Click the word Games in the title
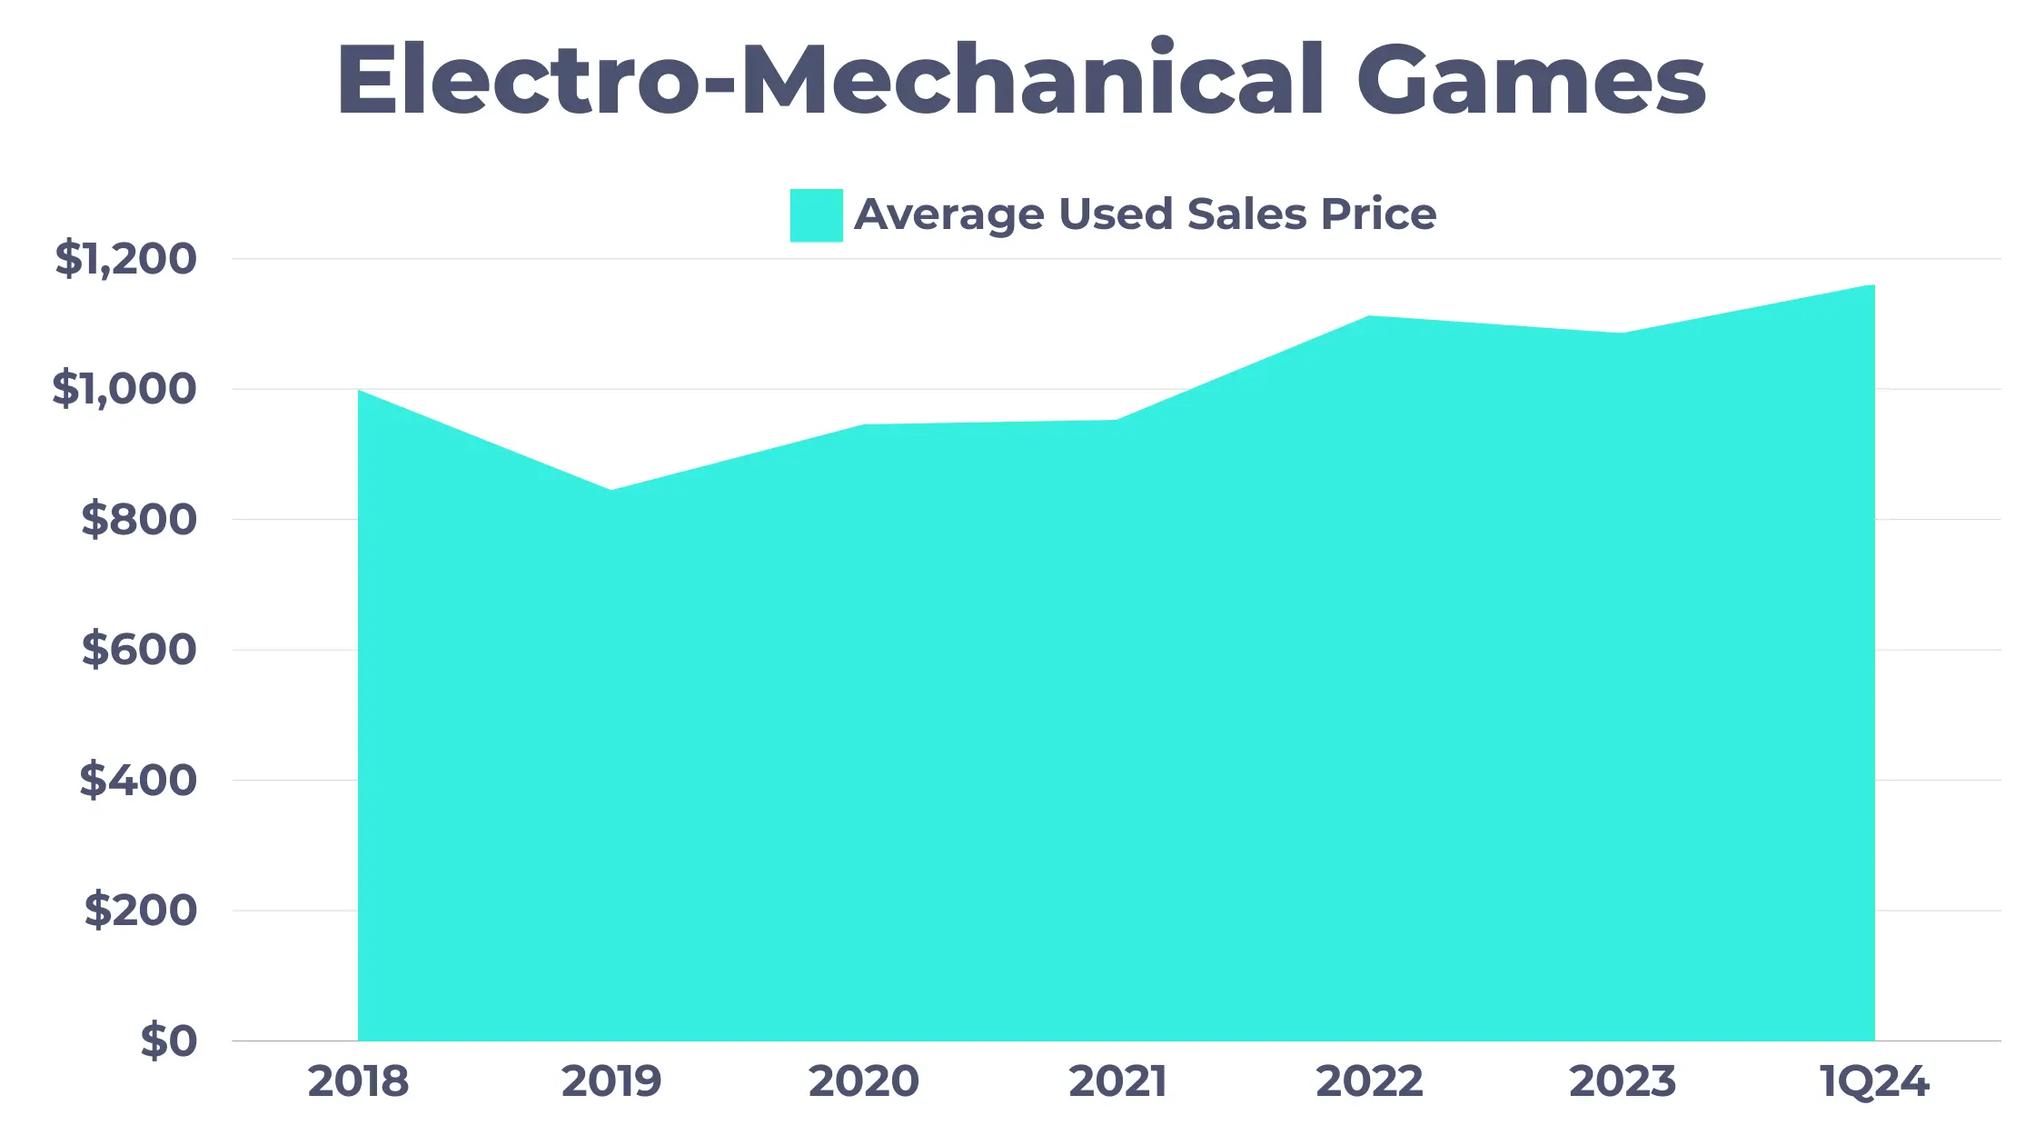1531,80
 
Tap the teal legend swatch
816,215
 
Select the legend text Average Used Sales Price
1145,215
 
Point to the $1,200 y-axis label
125,259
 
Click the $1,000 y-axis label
124,389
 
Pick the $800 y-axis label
139,520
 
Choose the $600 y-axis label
139,650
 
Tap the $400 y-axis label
138,780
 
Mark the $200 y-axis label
141,910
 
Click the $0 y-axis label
168,1040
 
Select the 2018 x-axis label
358,1081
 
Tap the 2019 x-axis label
610,1081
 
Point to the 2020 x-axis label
863,1081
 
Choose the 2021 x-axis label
1117,1081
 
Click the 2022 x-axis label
1369,1081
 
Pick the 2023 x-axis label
1622,1081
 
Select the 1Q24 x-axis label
1874,1081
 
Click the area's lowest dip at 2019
610,492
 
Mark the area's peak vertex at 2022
1369,317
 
